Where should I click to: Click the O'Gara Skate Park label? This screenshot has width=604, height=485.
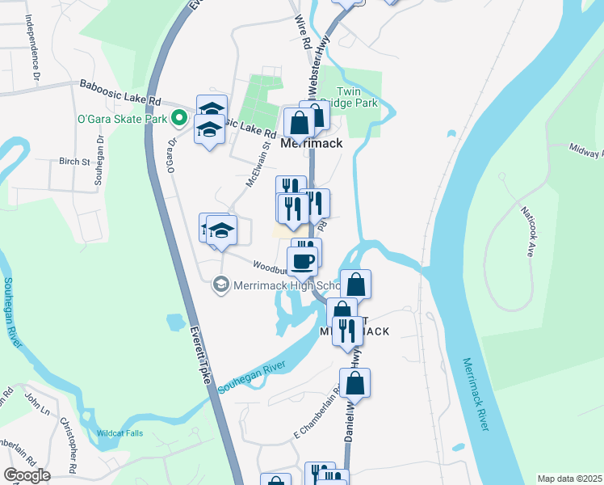coord(122,119)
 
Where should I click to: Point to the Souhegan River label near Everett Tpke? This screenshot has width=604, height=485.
coord(252,376)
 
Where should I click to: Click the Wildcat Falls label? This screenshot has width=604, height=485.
coord(120,433)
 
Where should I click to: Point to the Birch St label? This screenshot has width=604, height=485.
coord(74,162)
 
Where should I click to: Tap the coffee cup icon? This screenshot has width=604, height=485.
coord(303,261)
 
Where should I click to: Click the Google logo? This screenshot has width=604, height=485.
coord(27,474)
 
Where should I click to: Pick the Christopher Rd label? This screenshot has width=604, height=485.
coord(71,457)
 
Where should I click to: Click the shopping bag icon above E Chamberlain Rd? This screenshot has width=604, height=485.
coord(354,383)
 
